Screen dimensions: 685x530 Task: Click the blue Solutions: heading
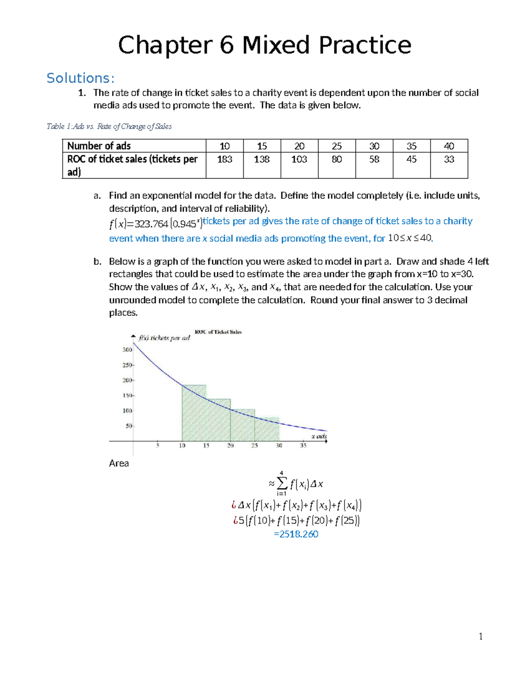[80, 78]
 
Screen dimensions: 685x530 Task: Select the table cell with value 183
[224, 159]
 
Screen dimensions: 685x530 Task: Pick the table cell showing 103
[299, 159]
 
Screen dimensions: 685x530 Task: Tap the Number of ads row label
[99, 146]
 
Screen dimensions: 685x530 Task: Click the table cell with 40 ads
[449, 146]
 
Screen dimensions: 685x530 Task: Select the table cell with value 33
[449, 159]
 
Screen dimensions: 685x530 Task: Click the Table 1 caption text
[109, 127]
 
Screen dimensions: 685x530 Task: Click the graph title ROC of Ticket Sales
[218, 332]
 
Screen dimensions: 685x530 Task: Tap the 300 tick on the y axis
[127, 350]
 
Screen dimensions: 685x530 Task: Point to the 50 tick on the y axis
[129, 426]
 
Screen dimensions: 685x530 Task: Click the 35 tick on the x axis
[303, 445]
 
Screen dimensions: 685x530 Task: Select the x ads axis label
[319, 436]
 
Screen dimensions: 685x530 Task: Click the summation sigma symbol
[282, 483]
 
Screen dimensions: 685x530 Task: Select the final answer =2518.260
[296, 534]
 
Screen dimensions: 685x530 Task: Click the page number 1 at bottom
[481, 636]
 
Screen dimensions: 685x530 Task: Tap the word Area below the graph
[119, 463]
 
